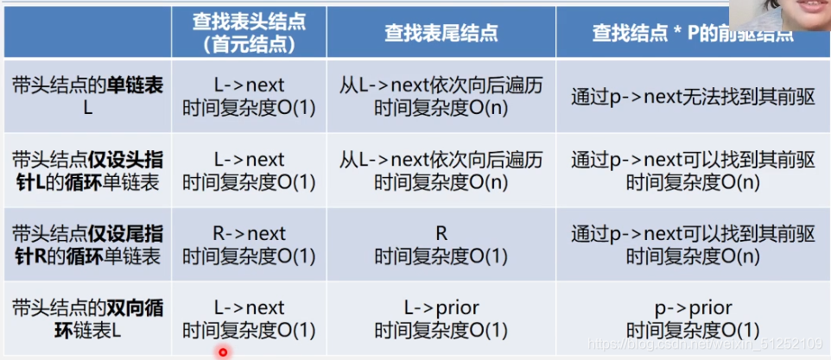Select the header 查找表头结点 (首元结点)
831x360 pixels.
point(249,33)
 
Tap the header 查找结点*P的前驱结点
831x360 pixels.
point(691,33)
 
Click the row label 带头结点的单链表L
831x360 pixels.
point(88,96)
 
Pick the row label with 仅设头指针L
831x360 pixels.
point(88,170)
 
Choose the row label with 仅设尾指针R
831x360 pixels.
point(88,244)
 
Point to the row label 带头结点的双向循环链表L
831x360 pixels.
point(88,318)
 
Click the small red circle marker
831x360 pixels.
point(223,351)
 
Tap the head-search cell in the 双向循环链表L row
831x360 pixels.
point(249,318)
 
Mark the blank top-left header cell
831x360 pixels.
point(88,33)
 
